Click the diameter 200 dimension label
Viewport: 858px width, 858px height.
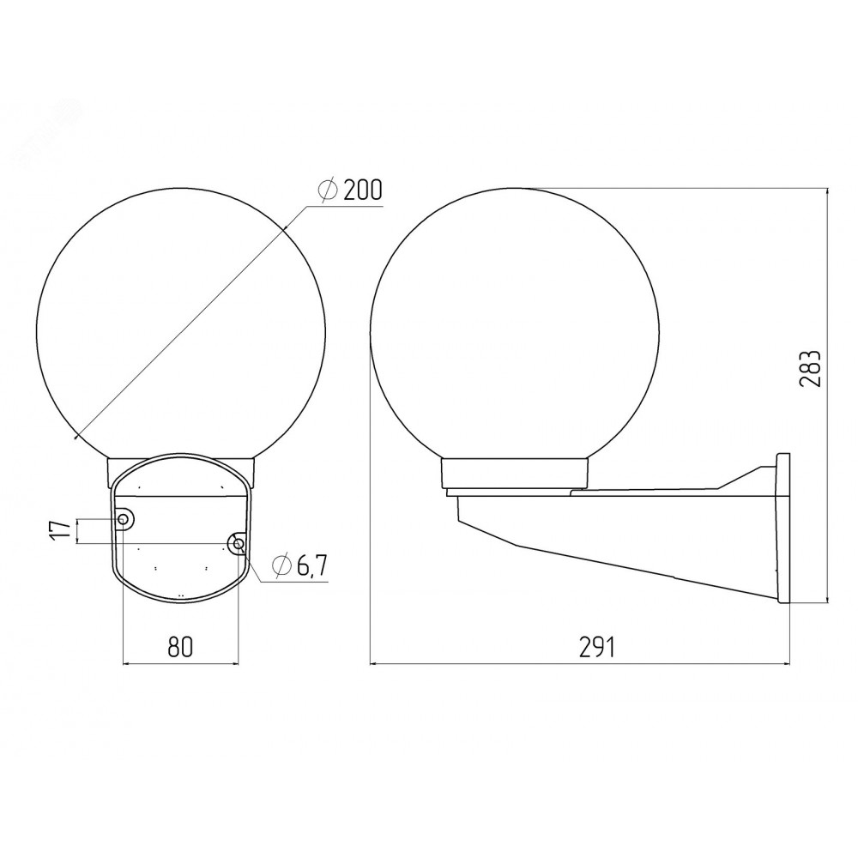tap(350, 190)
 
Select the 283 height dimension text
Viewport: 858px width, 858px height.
tap(811, 368)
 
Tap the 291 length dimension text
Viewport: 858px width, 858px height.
tap(597, 647)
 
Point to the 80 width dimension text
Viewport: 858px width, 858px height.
tap(180, 647)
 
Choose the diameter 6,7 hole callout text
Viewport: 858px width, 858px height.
tap(299, 565)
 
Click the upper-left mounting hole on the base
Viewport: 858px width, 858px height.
tap(124, 519)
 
